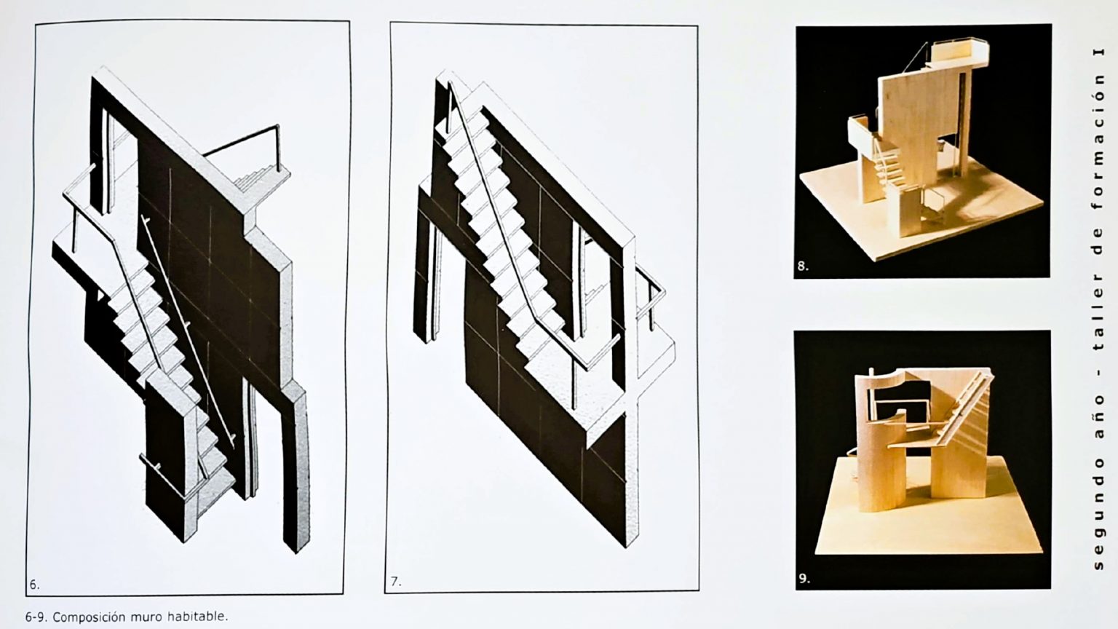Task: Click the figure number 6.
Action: point(33,585)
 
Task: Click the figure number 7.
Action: point(395,582)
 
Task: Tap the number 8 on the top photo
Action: point(803,266)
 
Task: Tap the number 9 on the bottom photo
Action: point(804,579)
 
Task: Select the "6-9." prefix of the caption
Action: point(36,617)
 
